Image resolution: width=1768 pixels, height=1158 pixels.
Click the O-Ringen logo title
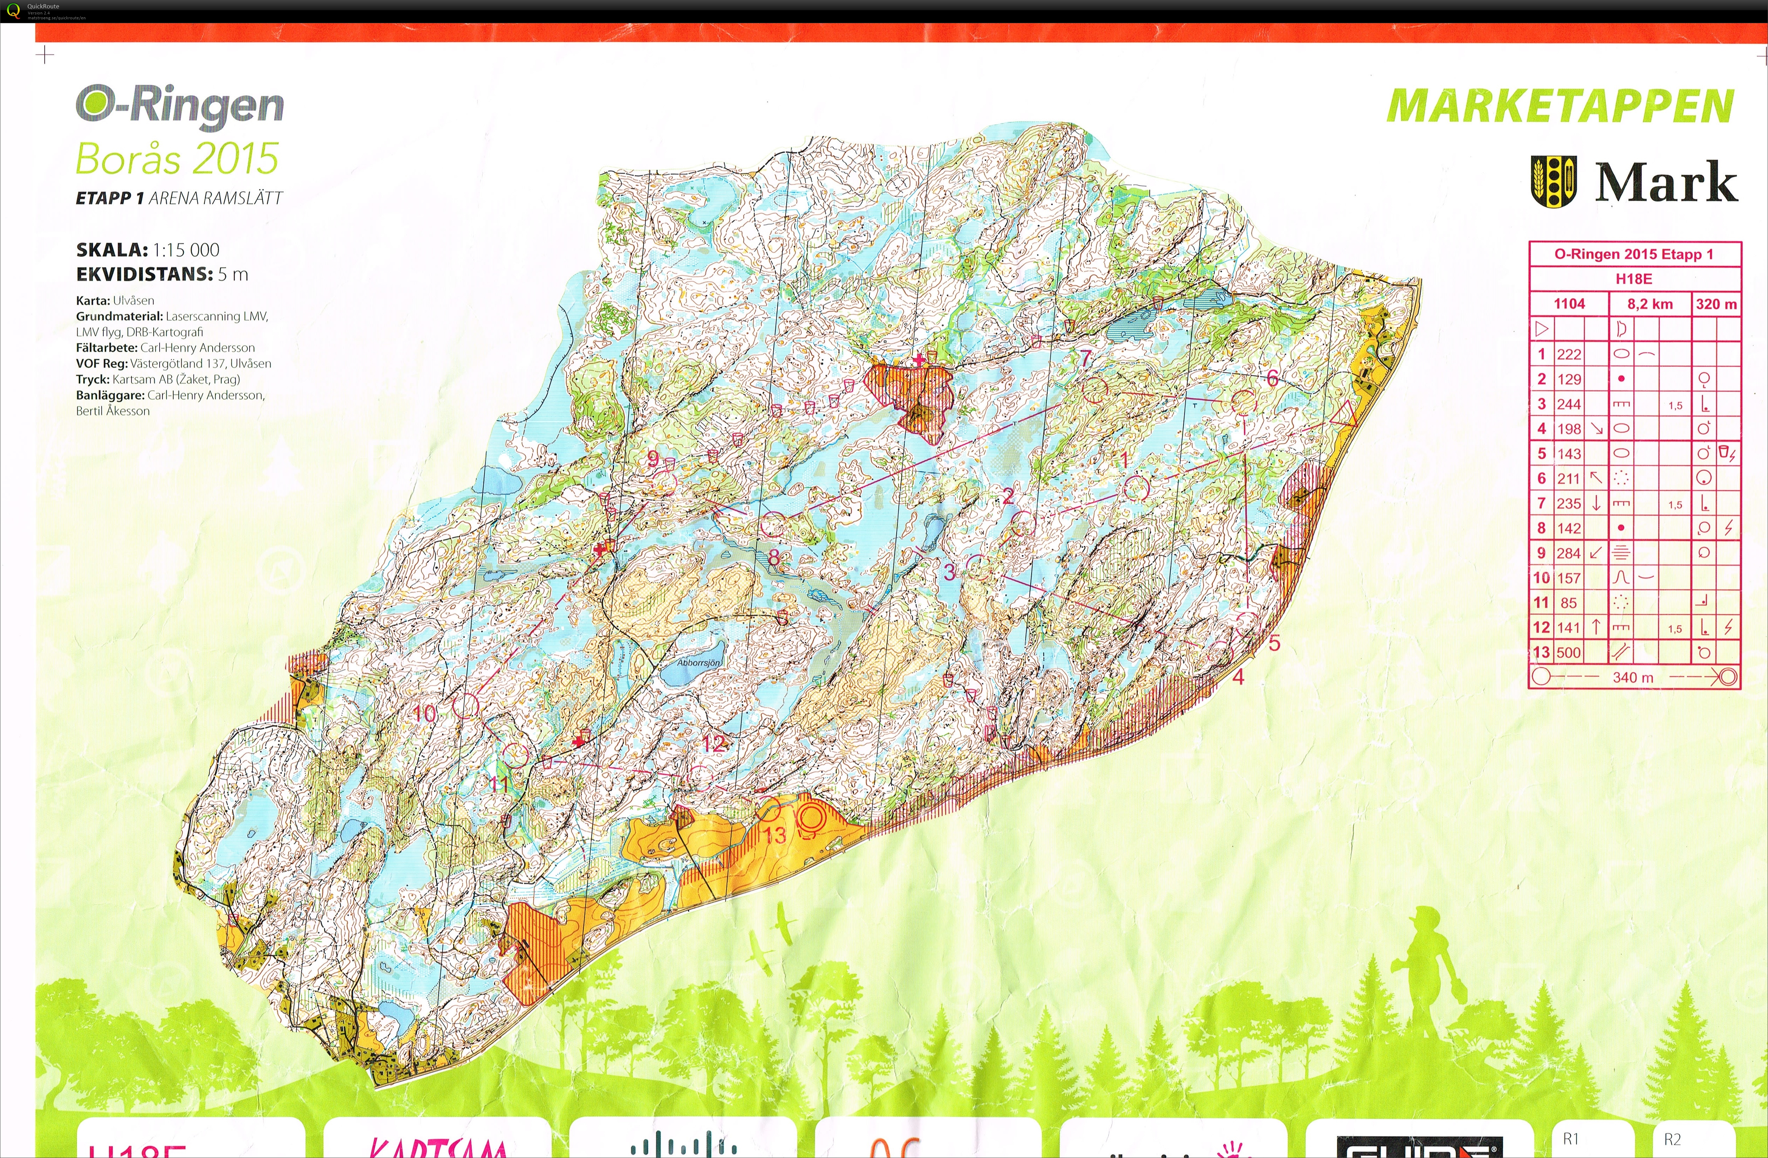point(180,108)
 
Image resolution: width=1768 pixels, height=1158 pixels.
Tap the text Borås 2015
point(177,158)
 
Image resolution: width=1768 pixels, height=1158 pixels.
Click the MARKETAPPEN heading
point(1560,107)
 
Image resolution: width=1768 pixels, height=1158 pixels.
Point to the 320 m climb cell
point(1716,304)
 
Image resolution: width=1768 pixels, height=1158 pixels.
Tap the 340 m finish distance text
point(1633,678)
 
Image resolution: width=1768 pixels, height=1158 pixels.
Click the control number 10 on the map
point(424,714)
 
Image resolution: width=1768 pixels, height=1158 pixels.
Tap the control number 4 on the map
point(1238,677)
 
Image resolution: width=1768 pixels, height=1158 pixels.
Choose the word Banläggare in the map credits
point(109,395)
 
